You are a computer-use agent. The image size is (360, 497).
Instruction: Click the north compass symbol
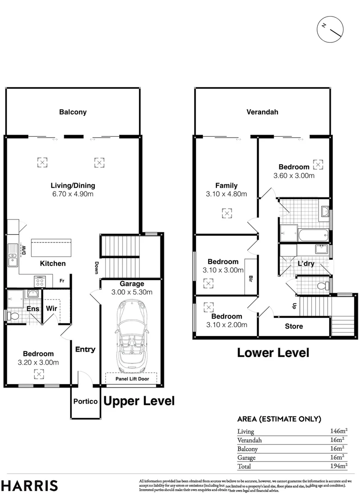pos(331,29)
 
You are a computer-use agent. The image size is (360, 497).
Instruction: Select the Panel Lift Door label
pos(131,379)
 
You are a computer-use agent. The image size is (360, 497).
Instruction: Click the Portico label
pos(86,401)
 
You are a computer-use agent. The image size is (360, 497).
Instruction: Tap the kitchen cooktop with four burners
pos(40,280)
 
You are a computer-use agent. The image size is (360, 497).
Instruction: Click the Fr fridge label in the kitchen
pos(62,281)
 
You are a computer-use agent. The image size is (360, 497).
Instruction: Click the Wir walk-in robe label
pos(52,309)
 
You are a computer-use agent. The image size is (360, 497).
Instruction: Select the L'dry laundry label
pos(306,264)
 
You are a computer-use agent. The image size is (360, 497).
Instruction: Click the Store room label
pos(294,326)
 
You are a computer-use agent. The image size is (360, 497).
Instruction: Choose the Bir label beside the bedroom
pos(250,279)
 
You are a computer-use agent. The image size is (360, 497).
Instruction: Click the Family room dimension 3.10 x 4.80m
pos(226,194)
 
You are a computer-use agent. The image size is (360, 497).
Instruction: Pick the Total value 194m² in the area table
pos(338,466)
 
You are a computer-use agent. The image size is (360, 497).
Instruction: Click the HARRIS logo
pos(29,485)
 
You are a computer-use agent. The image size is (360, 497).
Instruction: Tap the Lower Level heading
pos(273,353)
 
